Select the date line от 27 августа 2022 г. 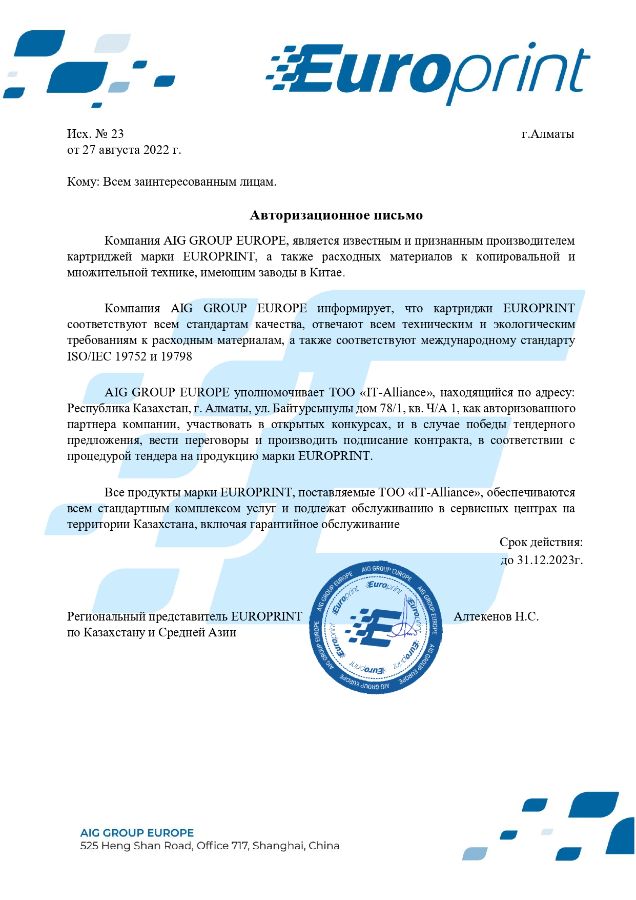(x=123, y=150)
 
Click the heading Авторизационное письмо (x=336, y=215)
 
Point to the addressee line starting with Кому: (x=171, y=182)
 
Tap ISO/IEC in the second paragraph (x=88, y=356)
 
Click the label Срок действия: (x=540, y=541)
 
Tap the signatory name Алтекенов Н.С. (x=496, y=616)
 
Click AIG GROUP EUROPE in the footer (x=137, y=832)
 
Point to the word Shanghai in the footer (x=280, y=846)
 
